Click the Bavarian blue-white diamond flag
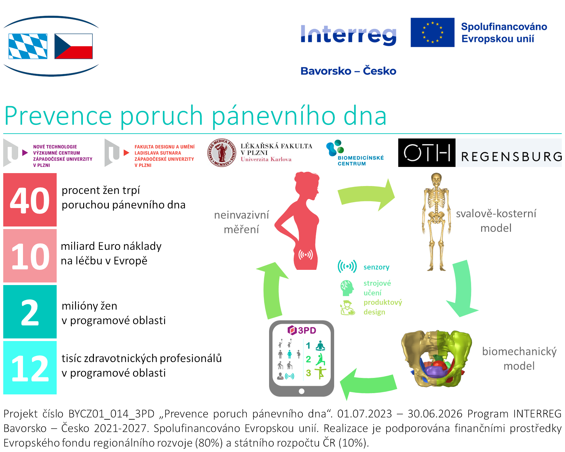click(28, 46)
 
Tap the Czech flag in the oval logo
click(73, 46)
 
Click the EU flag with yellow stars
click(432, 32)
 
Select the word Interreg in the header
click(348, 35)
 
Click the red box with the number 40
click(30, 200)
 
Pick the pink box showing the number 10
click(30, 256)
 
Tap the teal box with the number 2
click(30, 312)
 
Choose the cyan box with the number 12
click(30, 368)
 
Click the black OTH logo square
click(426, 153)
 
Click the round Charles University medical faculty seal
click(222, 153)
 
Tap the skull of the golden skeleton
click(436, 179)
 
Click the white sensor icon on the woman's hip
click(305, 255)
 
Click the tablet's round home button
click(301, 391)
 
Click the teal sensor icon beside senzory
click(347, 266)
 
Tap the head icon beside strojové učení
click(346, 288)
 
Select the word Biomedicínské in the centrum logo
click(360, 158)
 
